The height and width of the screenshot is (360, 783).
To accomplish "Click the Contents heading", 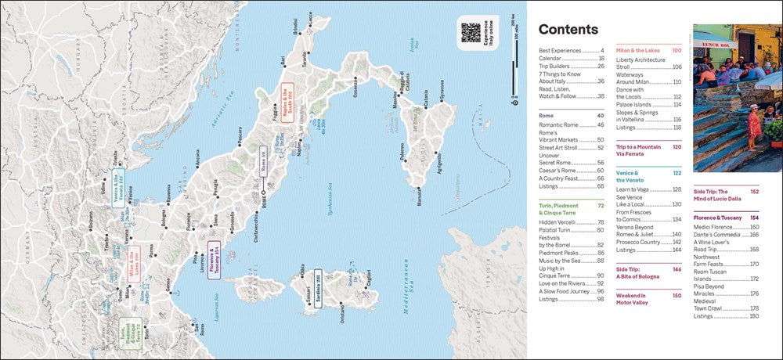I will point(568,30).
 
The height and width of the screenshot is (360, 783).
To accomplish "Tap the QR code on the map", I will point(471,32).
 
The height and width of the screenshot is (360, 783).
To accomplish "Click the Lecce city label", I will point(309,17).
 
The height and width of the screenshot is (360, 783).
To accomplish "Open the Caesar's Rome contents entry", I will point(557,170).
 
